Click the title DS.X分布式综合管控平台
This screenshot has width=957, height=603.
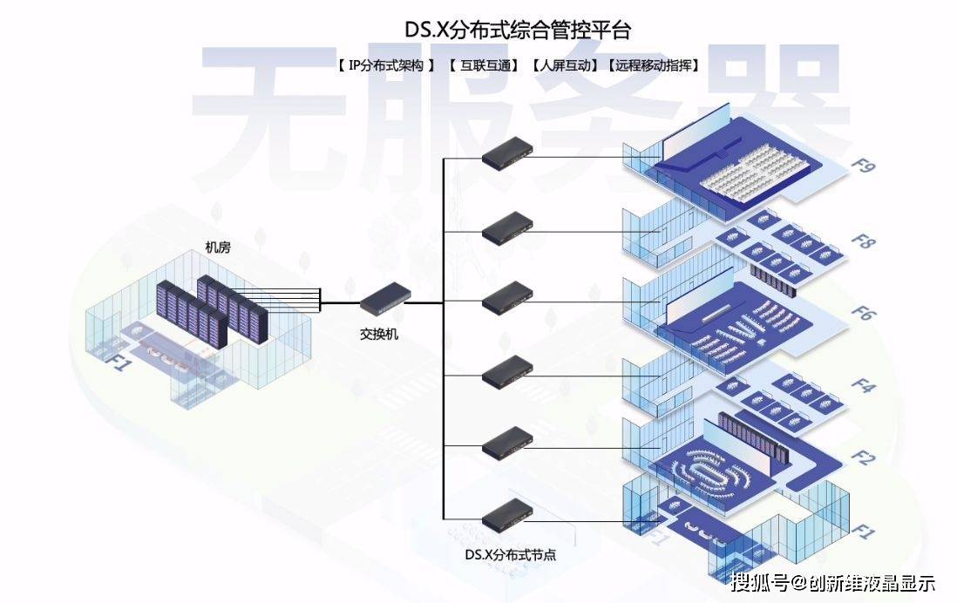tap(518, 30)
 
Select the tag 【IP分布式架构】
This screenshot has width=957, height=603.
tap(384, 65)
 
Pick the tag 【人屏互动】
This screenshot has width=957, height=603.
tap(565, 65)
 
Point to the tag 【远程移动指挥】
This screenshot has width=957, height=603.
tap(655, 65)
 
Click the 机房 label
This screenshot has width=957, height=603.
tap(217, 248)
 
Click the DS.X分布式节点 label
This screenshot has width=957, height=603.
tap(509, 554)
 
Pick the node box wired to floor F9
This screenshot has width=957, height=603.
tap(507, 153)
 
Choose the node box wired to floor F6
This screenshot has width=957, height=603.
tap(507, 298)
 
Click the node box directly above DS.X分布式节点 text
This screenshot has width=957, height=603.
tap(507, 515)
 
